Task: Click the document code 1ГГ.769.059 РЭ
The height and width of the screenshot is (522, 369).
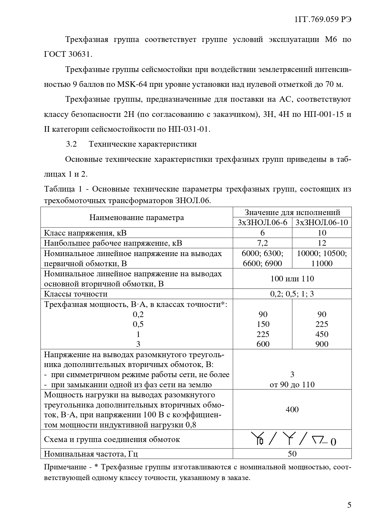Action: [323, 20]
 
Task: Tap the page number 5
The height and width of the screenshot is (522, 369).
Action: [349, 505]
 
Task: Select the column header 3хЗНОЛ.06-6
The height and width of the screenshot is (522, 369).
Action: [263, 222]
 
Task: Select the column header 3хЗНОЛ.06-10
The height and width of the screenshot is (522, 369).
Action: [322, 222]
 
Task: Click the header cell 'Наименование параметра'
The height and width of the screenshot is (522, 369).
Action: [137, 217]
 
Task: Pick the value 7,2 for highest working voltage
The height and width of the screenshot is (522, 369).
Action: [263, 243]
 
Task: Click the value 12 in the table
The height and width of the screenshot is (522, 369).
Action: [322, 243]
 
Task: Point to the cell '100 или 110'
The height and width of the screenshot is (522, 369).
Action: [292, 278]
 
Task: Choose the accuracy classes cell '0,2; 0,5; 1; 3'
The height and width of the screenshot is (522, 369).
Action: [292, 294]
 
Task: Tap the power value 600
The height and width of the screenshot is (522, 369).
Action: [263, 344]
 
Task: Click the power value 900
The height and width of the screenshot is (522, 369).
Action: [322, 344]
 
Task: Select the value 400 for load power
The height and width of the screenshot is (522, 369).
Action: [292, 410]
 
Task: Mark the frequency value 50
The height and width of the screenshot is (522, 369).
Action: [292, 454]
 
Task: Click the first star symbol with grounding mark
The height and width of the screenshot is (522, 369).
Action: [257, 439]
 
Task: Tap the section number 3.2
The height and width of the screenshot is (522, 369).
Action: [71, 144]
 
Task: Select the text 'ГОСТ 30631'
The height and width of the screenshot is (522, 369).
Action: [68, 54]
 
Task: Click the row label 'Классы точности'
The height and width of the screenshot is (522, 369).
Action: [76, 294]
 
